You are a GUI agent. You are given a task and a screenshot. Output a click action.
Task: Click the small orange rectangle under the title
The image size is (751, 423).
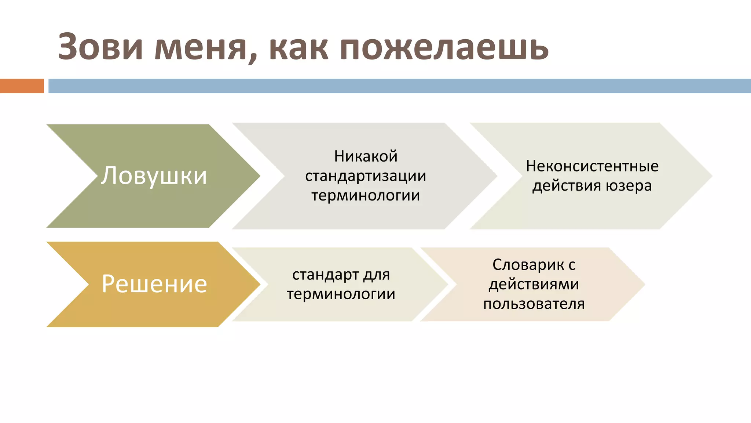point(22,86)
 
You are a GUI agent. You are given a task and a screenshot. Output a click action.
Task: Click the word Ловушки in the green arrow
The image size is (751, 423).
point(154,176)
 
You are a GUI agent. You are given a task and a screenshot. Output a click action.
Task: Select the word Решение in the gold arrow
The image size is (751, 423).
point(154,284)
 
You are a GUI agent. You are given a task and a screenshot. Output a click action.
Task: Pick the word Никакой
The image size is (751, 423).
point(366,156)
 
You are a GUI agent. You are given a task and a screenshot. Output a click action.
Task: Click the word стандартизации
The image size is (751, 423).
point(366,176)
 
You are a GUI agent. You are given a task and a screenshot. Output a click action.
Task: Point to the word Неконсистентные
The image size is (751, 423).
point(592,166)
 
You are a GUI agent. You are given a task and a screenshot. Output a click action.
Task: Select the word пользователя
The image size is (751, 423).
point(534,304)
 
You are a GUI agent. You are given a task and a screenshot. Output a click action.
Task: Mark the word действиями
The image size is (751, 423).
point(534,285)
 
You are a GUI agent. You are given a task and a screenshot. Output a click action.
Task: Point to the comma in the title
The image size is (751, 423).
point(252,59)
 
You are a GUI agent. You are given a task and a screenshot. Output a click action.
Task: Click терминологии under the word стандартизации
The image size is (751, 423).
point(366,195)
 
